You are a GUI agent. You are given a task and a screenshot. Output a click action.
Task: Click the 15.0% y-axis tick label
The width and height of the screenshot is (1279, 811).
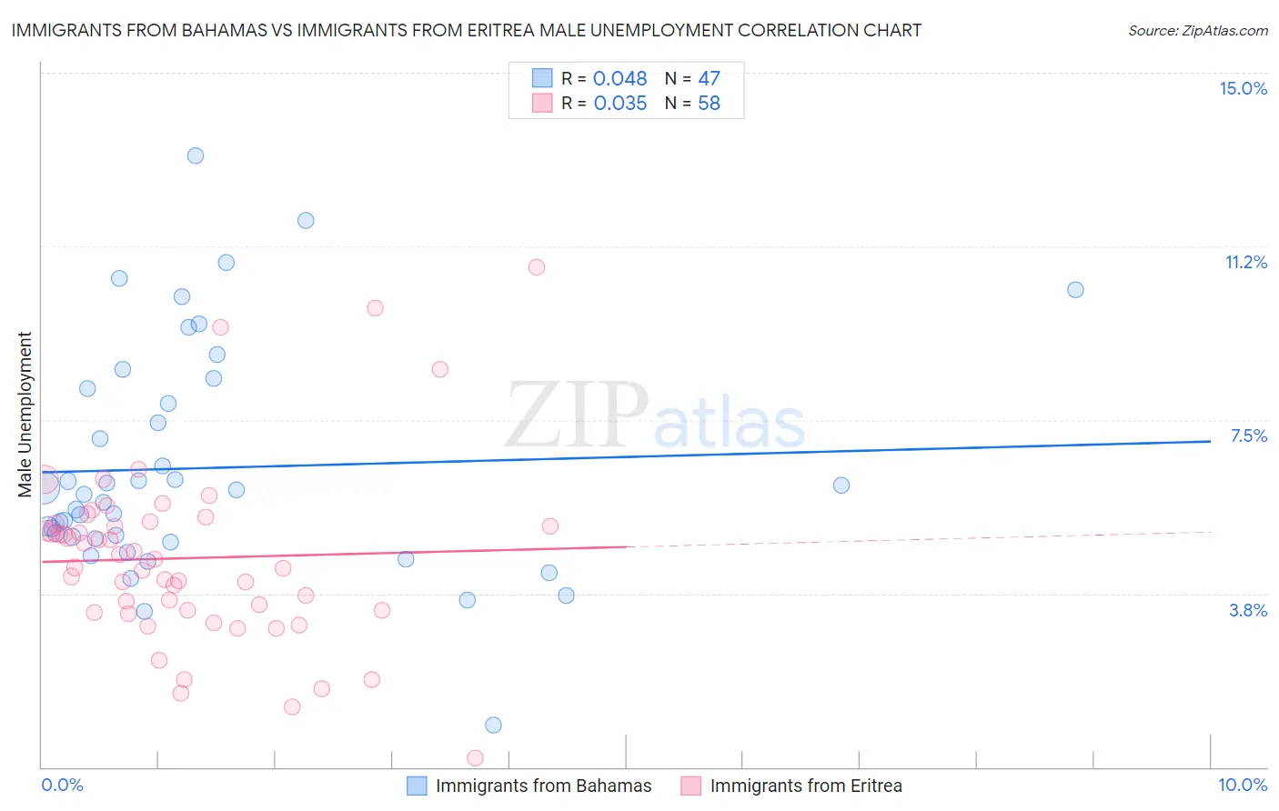pyautogui.click(x=1243, y=88)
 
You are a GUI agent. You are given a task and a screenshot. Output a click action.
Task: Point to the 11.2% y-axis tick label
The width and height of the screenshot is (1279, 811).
pyautogui.click(x=1245, y=262)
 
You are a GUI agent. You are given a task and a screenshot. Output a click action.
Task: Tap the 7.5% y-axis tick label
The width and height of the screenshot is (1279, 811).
pyautogui.click(x=1248, y=436)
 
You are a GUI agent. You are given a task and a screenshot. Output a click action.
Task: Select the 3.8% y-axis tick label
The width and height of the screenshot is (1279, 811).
pyautogui.click(x=1248, y=610)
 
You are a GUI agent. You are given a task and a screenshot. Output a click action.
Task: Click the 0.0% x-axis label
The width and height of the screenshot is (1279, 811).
pyautogui.click(x=62, y=785)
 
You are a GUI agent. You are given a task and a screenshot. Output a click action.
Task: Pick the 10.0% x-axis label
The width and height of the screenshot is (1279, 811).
pyautogui.click(x=1242, y=785)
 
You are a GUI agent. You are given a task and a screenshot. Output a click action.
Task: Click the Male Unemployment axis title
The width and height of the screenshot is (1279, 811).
pyautogui.click(x=25, y=415)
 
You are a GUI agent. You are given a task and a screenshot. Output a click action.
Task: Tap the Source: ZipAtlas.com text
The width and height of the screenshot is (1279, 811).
pyautogui.click(x=1197, y=30)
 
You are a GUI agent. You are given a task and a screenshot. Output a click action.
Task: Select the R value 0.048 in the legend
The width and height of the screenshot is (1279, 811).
pyautogui.click(x=619, y=78)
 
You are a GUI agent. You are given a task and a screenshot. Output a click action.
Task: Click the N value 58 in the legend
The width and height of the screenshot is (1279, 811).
pyautogui.click(x=709, y=103)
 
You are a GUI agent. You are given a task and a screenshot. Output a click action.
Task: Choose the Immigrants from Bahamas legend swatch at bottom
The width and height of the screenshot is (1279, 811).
pyautogui.click(x=417, y=786)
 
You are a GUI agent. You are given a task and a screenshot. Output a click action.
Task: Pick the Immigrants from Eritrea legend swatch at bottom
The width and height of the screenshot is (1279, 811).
pyautogui.click(x=691, y=786)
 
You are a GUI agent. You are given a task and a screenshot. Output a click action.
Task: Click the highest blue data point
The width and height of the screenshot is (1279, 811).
pyautogui.click(x=195, y=155)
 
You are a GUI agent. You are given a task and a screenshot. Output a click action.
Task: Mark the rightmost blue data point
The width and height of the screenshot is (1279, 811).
pyautogui.click(x=1075, y=290)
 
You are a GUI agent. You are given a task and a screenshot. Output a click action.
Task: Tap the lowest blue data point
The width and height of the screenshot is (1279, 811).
pyautogui.click(x=493, y=725)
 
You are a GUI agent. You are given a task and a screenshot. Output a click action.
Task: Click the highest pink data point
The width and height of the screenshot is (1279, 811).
pyautogui.click(x=537, y=267)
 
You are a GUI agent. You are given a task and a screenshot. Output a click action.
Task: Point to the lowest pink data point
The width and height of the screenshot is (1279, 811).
pyautogui.click(x=475, y=757)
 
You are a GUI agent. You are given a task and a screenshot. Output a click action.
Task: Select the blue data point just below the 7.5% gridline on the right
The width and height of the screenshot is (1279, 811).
pyautogui.click(x=841, y=486)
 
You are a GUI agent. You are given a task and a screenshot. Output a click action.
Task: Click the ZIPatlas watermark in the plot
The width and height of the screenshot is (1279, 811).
pyautogui.click(x=655, y=416)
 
